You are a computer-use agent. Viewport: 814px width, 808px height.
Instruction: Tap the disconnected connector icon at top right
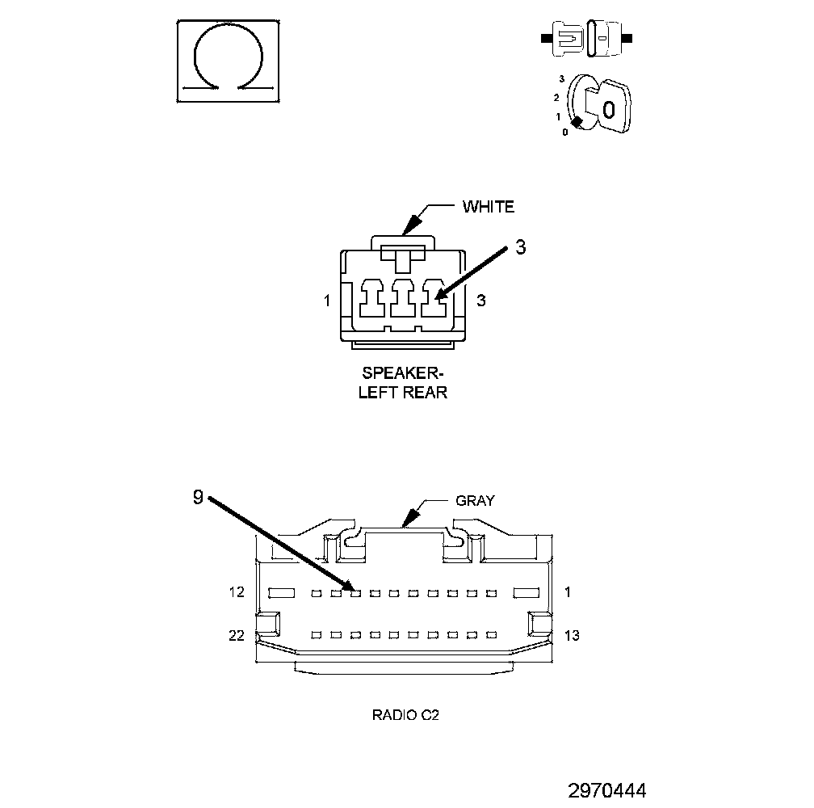point(587,38)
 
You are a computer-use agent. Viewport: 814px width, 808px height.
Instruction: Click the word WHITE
point(488,207)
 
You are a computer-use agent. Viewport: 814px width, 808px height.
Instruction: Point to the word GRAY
point(475,500)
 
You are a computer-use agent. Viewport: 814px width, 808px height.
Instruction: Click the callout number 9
point(199,498)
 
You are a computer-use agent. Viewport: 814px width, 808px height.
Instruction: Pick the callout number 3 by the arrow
point(520,248)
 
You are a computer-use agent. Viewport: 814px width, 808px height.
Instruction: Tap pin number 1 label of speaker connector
point(326,301)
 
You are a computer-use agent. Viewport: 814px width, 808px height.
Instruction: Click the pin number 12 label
point(236,592)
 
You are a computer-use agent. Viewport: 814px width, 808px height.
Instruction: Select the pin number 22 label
point(236,636)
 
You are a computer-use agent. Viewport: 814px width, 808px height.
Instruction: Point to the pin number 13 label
point(571,636)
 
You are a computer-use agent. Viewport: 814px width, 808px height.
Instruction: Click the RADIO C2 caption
point(405,715)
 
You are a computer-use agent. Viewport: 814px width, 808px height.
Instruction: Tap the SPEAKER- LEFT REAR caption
point(403,384)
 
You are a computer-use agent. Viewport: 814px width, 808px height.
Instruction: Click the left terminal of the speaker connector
point(371,298)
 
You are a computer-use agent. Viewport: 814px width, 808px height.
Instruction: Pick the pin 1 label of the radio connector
point(568,592)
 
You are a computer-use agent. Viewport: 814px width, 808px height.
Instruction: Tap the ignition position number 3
point(561,79)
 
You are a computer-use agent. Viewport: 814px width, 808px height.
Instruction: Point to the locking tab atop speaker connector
point(402,242)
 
